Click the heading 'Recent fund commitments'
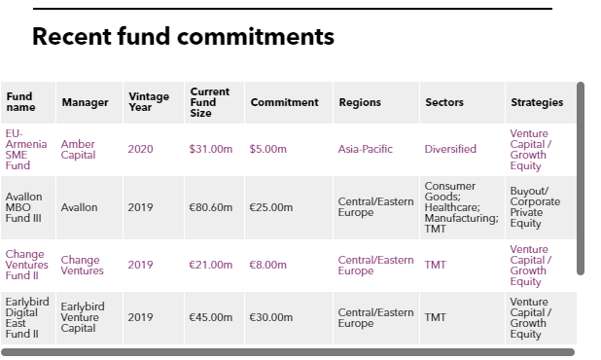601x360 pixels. point(183,37)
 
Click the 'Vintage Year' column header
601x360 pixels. point(149,102)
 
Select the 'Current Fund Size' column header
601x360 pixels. point(210,102)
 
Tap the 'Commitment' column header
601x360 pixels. point(284,102)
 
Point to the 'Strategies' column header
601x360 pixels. point(537,102)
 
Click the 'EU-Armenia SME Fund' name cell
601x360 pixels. point(26,150)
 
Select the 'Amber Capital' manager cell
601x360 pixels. point(78,150)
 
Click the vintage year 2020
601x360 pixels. point(140,149)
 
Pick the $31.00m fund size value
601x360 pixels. point(211,149)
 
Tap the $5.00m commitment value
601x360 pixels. point(267,149)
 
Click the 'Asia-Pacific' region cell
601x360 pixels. point(366,149)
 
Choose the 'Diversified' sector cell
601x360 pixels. point(450,149)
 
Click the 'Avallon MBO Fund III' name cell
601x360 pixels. point(23,207)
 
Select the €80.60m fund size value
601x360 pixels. point(211,207)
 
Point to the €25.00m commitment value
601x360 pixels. point(271,207)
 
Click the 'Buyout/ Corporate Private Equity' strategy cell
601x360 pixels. point(535,207)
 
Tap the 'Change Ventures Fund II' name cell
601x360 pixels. point(27,265)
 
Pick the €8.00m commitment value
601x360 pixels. point(267,265)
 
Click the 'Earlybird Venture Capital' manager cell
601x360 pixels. point(83,317)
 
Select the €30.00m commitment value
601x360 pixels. point(271,317)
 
